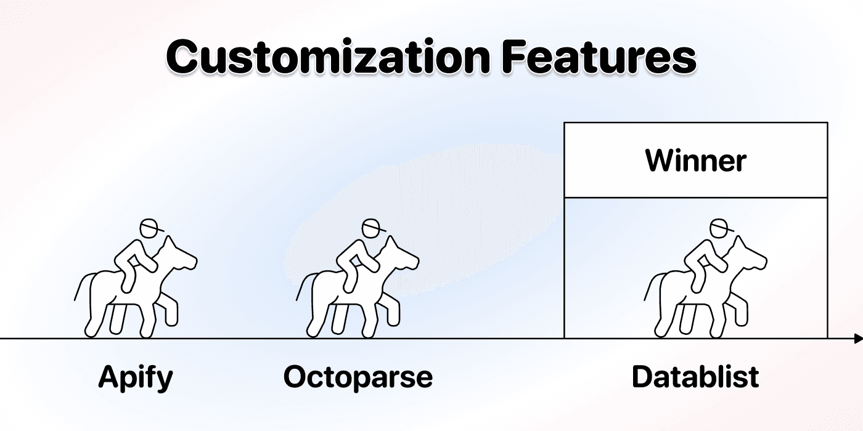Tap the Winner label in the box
click(x=695, y=161)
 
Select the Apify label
click(x=136, y=376)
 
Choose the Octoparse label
click(x=358, y=376)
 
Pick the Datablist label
click(x=695, y=376)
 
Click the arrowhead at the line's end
click(x=858, y=339)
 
